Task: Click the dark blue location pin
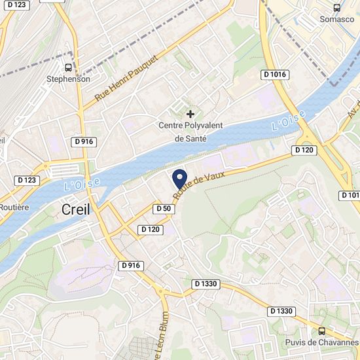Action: point(179,179)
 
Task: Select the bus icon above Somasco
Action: point(337,8)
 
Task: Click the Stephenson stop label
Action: point(68,79)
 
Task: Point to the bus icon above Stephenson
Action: point(68,67)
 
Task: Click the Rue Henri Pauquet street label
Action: point(127,77)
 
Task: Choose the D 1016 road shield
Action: point(275,75)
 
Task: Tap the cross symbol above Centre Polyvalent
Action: point(190,114)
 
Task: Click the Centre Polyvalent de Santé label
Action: point(190,132)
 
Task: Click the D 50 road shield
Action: point(164,208)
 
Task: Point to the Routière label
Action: point(14,207)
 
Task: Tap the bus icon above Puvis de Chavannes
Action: point(322,331)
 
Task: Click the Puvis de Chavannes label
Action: point(322,342)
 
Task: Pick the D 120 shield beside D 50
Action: point(151,229)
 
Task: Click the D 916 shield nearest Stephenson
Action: point(84,141)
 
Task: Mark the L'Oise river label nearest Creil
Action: point(82,184)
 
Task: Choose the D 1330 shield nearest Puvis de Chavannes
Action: point(282,311)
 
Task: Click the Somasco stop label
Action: point(337,20)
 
